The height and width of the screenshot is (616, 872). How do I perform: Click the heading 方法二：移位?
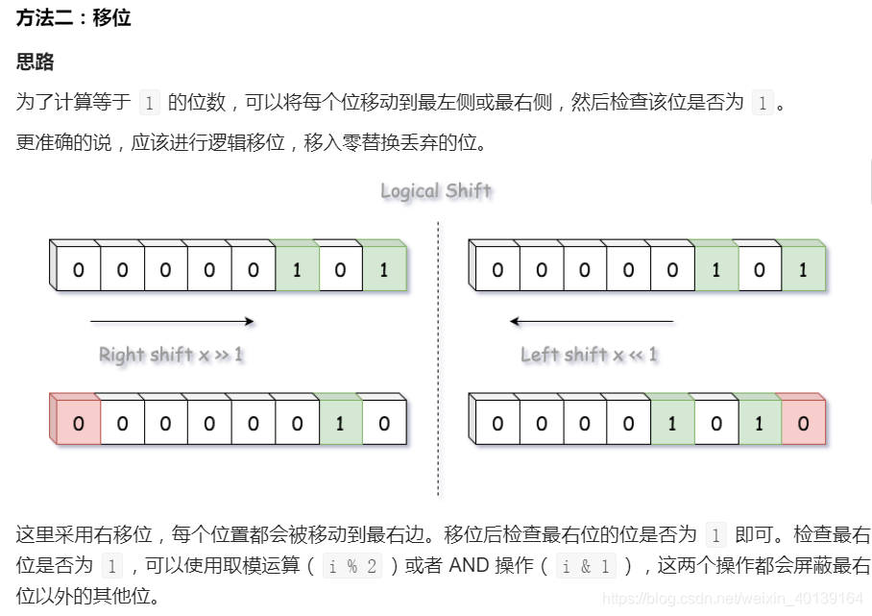click(x=73, y=18)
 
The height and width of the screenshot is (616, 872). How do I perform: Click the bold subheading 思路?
click(x=36, y=62)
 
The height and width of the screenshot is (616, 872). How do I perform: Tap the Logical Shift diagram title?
click(x=436, y=190)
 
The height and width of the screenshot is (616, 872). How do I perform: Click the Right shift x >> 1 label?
click(x=171, y=355)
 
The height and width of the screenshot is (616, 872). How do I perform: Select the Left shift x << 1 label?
click(x=590, y=355)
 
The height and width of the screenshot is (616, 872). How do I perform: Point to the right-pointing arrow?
click(x=172, y=322)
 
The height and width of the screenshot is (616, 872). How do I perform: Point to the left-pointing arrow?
click(x=592, y=322)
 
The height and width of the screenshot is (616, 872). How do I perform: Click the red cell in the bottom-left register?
click(x=78, y=423)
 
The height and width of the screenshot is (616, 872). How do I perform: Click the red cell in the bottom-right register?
click(x=804, y=423)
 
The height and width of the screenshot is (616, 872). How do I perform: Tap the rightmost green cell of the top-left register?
click(x=384, y=270)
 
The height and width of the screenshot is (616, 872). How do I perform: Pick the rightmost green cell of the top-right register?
click(x=803, y=270)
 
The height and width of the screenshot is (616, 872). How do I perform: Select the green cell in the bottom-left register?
click(x=340, y=423)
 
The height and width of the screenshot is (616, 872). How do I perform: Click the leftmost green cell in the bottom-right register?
click(x=672, y=423)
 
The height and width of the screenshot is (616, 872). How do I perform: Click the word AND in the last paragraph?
click(x=469, y=566)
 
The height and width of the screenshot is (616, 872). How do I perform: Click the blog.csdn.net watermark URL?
click(x=732, y=598)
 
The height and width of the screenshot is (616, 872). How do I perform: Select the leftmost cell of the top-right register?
click(x=497, y=270)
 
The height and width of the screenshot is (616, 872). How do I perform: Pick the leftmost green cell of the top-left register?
click(x=297, y=270)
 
